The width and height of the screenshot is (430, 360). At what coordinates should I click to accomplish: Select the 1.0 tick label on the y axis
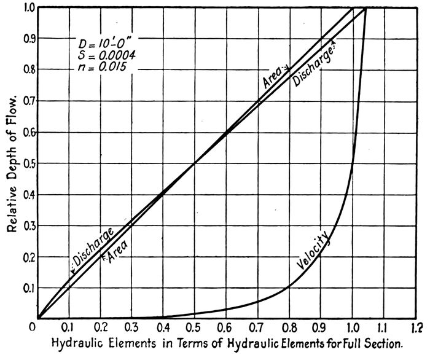[x=25, y=7]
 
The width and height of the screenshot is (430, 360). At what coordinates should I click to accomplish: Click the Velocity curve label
[x=313, y=253]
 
